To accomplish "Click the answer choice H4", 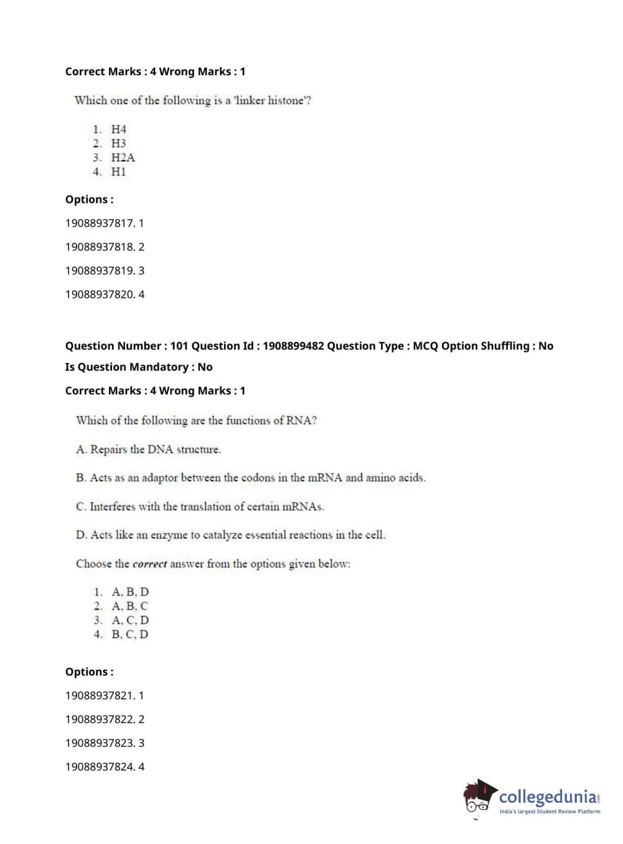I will click(x=118, y=129).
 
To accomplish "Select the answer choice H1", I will click(x=118, y=172).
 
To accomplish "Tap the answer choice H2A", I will click(x=123, y=157).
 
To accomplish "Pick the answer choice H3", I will click(x=118, y=143).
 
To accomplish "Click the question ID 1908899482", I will click(x=293, y=346).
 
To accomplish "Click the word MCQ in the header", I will click(x=425, y=346).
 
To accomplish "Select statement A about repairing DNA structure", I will click(x=148, y=449).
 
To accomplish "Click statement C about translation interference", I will click(x=200, y=507).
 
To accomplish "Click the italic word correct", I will click(x=149, y=564).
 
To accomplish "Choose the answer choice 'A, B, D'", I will click(x=130, y=592).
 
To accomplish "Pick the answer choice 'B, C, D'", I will click(x=129, y=634).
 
